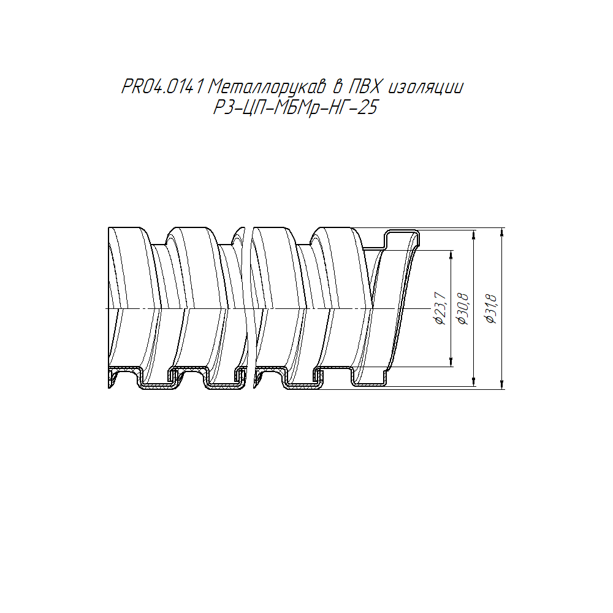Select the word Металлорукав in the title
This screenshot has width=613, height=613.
pos(267,88)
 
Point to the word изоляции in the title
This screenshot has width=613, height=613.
pos(426,88)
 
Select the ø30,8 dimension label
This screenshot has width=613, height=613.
pos(463,308)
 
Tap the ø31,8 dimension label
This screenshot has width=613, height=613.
pos(491,308)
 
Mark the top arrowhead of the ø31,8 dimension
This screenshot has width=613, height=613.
pos(502,232)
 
